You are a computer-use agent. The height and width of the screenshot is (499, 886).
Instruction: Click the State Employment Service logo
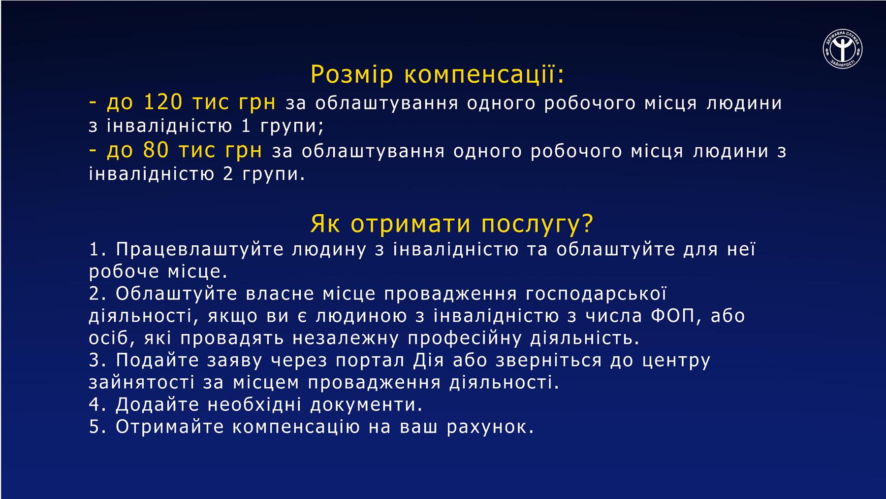pyautogui.click(x=843, y=49)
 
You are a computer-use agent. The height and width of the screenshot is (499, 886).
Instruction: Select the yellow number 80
pyautogui.click(x=156, y=150)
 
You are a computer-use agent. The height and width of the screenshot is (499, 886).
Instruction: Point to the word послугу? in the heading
pyautogui.click(x=537, y=225)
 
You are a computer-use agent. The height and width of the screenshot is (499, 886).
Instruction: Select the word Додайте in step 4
pyautogui.click(x=157, y=405)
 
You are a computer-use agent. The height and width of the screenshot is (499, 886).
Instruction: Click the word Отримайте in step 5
pyautogui.click(x=169, y=427)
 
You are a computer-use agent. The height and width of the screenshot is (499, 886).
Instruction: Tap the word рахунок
pyautogui.click(x=490, y=427)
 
